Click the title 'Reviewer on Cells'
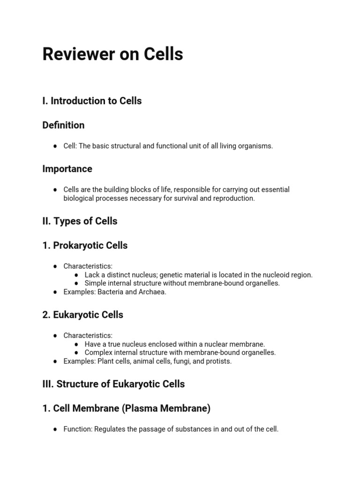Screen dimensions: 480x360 (x=112, y=54)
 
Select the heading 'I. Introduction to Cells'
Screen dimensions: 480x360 (x=92, y=101)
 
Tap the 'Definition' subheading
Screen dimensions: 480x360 (x=63, y=125)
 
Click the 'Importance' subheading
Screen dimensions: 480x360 (x=67, y=169)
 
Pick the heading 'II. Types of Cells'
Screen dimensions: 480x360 (x=80, y=221)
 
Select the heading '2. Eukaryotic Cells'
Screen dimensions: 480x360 (x=82, y=315)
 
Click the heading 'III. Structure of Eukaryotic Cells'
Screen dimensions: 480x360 (x=113, y=384)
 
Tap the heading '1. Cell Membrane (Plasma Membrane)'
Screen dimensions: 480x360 (x=126, y=409)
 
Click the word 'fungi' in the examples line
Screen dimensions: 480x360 (x=181, y=361)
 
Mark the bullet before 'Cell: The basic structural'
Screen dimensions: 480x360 (x=55, y=146)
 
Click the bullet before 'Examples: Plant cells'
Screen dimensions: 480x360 (x=55, y=361)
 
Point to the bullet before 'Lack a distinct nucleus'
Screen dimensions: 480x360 (x=76, y=275)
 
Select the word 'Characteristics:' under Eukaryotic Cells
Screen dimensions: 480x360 (x=88, y=336)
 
